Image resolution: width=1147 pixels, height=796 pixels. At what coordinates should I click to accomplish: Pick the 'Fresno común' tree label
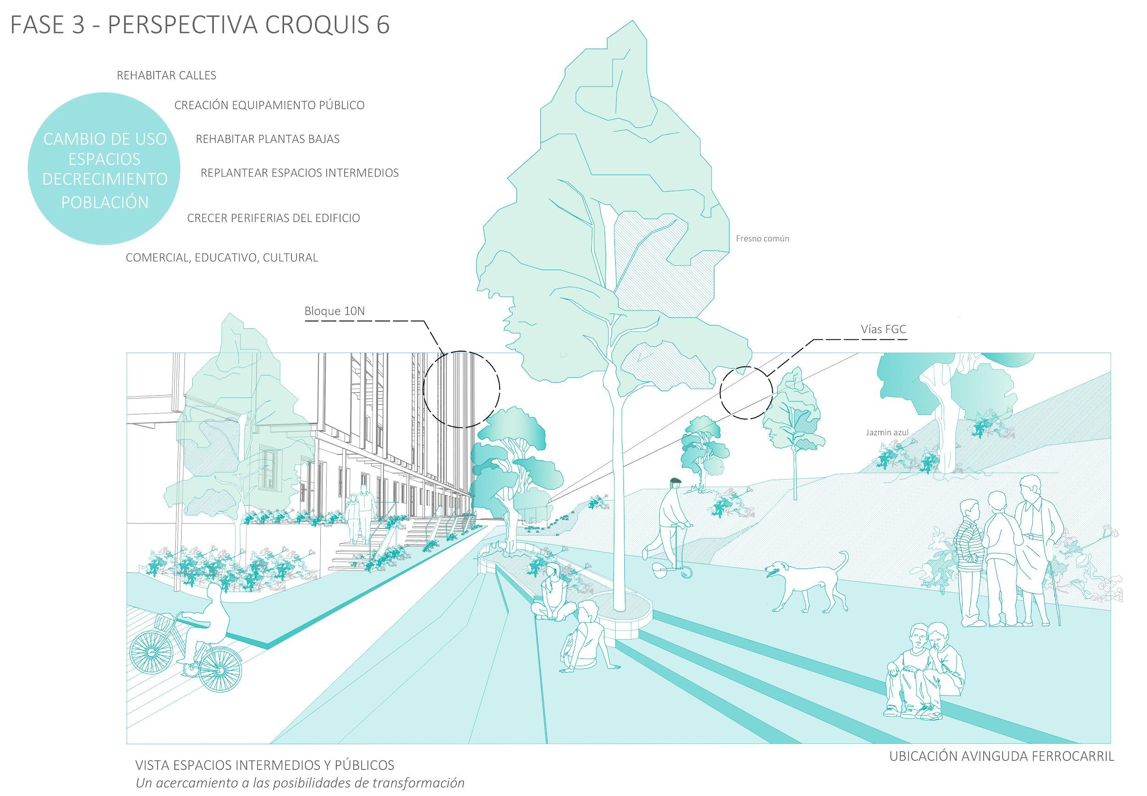[x=762, y=239]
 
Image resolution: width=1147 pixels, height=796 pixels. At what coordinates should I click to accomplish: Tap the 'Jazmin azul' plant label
[x=887, y=432]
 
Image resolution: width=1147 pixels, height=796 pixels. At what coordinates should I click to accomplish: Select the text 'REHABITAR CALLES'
[x=166, y=76]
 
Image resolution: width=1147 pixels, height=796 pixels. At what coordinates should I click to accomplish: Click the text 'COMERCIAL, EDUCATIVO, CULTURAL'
[x=222, y=258]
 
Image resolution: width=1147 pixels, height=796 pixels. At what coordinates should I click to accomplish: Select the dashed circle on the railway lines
[x=746, y=392]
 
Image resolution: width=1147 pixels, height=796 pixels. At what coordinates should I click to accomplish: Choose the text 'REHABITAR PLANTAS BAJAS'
[x=267, y=139]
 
